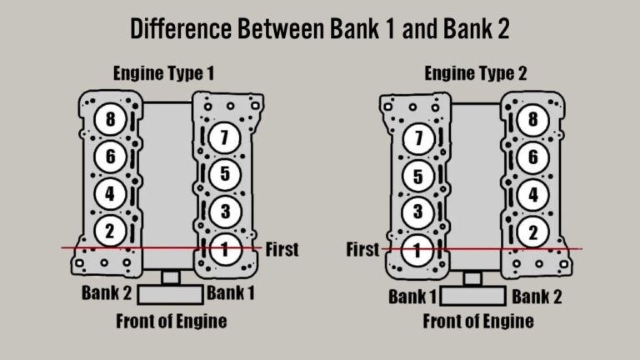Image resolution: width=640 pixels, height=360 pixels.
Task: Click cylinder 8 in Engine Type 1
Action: [x=109, y=119]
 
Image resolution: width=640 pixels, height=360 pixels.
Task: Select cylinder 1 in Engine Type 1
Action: [x=224, y=247]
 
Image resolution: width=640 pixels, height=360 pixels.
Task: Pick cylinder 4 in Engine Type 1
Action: [x=109, y=193]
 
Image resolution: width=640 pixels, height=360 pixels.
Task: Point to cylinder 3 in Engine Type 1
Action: [x=224, y=211]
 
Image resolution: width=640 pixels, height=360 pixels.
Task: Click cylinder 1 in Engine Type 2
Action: [x=417, y=248]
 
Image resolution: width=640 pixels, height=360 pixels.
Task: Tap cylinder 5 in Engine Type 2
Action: [x=417, y=176]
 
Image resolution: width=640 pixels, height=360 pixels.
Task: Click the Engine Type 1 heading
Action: [x=164, y=73]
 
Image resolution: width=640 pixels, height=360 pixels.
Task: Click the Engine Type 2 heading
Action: [x=476, y=73]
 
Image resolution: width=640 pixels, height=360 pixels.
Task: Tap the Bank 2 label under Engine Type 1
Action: [x=107, y=292]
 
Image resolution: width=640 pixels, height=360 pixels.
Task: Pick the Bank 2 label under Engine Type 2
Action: [x=537, y=297]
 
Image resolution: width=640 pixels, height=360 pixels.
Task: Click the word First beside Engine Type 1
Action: [x=281, y=249]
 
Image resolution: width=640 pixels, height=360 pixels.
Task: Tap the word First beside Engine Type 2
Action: [x=362, y=249]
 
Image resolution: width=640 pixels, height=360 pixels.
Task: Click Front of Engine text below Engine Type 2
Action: [x=477, y=322]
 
